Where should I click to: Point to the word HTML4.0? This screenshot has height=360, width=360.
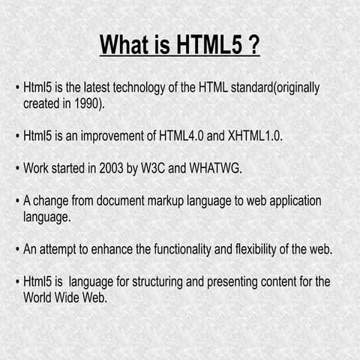coord(180,137)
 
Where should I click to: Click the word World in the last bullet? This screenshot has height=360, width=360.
coord(39,298)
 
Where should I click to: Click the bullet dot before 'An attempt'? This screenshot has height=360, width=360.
coord(16,250)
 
